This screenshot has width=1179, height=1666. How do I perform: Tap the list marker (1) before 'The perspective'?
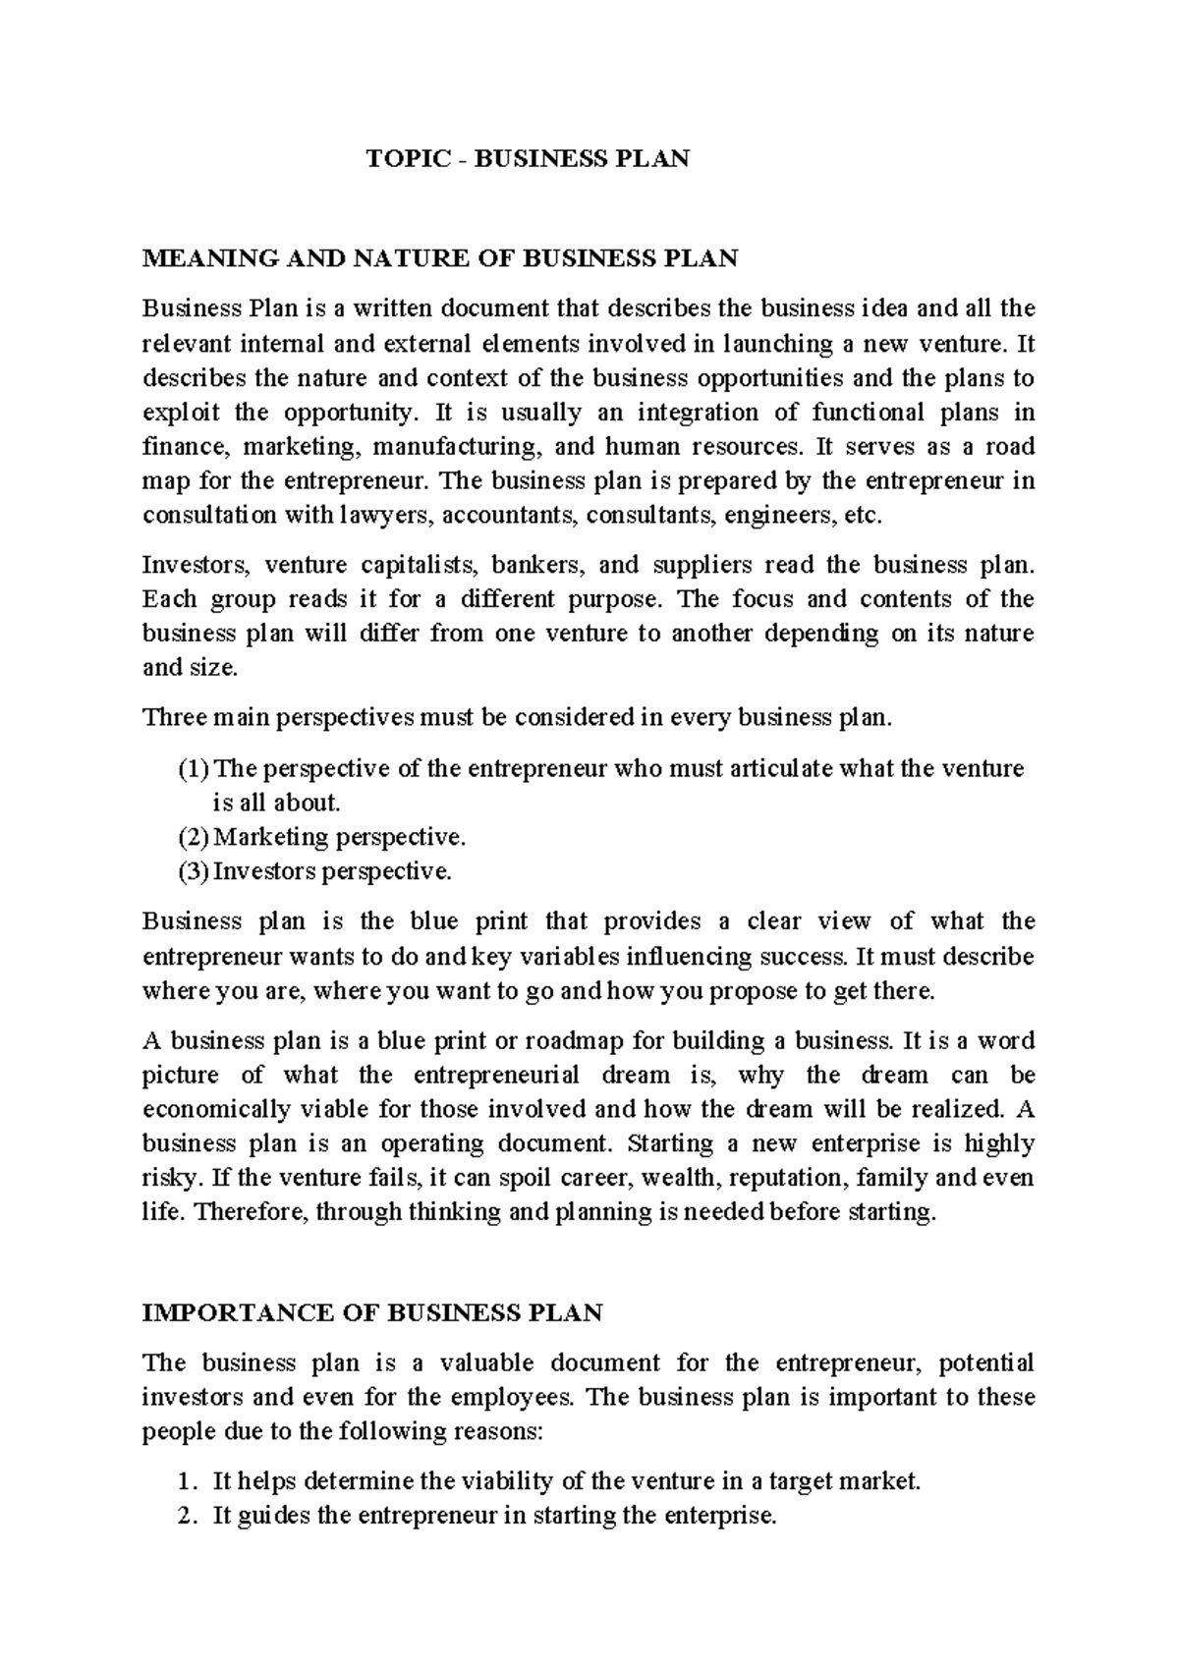[194, 768]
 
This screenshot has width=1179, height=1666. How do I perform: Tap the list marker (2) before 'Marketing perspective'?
[194, 837]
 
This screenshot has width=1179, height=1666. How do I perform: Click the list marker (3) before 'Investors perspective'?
[194, 871]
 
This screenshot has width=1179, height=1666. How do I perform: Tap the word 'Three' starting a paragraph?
[175, 718]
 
